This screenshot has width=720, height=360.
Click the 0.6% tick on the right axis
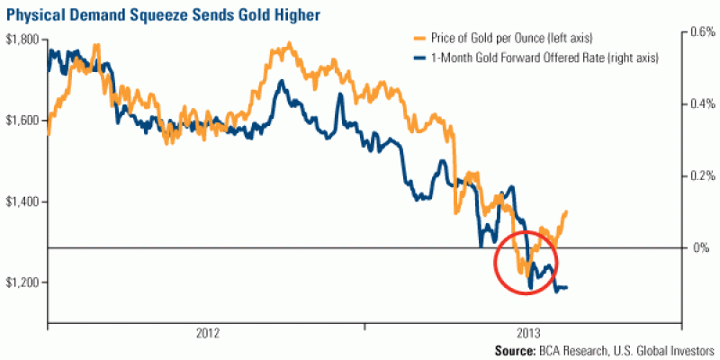pos(699,31)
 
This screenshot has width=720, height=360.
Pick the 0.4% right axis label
pos(699,103)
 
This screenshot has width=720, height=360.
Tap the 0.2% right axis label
pos(699,175)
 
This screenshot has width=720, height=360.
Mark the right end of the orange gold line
pos(568,211)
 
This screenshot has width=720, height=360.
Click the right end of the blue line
pos(567,287)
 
